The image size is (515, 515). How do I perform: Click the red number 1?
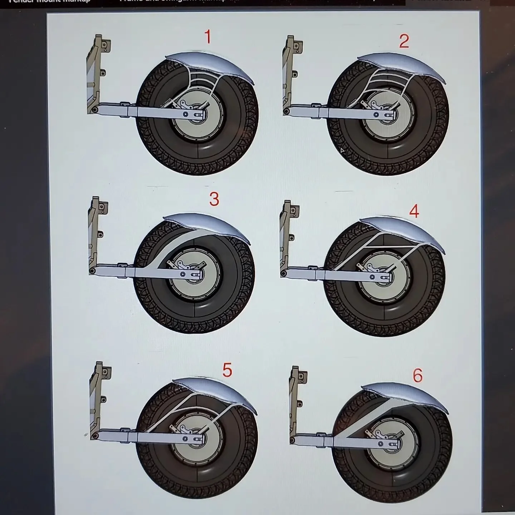pyautogui.click(x=207, y=37)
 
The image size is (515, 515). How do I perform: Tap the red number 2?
pyautogui.click(x=404, y=41)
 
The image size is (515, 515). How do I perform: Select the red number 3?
pyautogui.click(x=214, y=199)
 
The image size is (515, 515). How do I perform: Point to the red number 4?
pyautogui.click(x=414, y=211)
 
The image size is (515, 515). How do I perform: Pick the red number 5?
pyautogui.click(x=227, y=370)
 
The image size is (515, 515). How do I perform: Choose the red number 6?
pyautogui.click(x=417, y=376)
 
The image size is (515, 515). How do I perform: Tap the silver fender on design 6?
pyautogui.click(x=408, y=393)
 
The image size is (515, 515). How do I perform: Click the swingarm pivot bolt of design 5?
pyautogui.click(x=95, y=436)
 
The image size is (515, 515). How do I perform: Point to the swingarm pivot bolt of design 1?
pyautogui.click(x=94, y=109)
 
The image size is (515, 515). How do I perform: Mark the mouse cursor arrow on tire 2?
pyautogui.click(x=342, y=151)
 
